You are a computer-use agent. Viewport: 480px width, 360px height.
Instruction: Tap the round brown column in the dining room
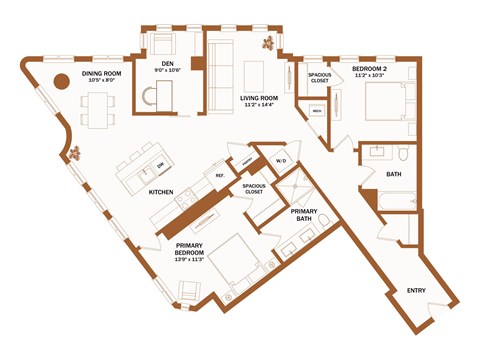[x=60, y=84]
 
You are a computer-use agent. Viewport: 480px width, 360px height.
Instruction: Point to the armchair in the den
[x=162, y=46]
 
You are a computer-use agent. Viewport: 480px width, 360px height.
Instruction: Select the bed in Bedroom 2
[x=381, y=101]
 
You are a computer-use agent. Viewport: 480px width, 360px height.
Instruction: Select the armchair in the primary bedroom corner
[x=188, y=291]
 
